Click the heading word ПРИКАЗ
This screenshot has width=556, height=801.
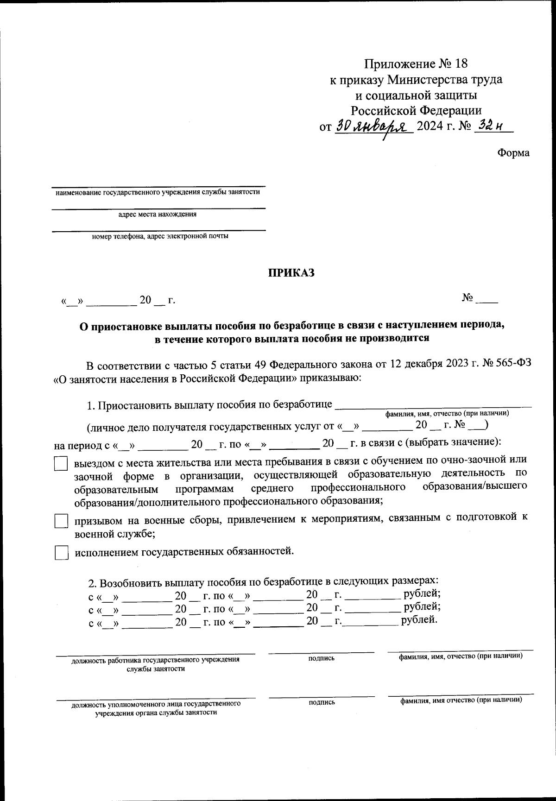click(x=291, y=273)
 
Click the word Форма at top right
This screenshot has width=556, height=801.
click(x=513, y=153)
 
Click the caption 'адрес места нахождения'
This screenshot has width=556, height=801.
click(x=158, y=214)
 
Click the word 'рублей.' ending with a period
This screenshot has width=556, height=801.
click(x=419, y=620)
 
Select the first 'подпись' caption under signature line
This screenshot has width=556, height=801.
click(x=321, y=658)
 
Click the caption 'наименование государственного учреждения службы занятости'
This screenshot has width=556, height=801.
click(x=158, y=192)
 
